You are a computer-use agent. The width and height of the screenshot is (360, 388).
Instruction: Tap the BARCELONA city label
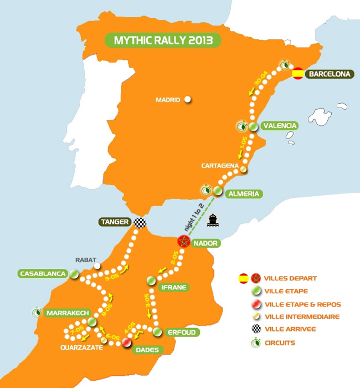point(330,73)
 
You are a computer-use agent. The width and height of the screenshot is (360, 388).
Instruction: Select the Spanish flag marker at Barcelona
point(297,73)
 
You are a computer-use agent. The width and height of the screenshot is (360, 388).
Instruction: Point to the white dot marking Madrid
point(188,100)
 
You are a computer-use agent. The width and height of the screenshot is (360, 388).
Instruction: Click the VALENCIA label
point(279,126)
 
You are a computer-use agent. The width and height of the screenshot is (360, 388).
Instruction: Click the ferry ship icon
point(213,220)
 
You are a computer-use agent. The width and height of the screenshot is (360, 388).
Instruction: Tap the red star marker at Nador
point(183,242)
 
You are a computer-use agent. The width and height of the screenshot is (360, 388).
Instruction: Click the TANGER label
point(115,222)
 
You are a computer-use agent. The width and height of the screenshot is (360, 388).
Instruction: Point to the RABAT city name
point(86,259)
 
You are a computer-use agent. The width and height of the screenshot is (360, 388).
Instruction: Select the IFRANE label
point(173,287)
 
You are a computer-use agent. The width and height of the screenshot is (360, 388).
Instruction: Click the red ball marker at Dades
point(127,343)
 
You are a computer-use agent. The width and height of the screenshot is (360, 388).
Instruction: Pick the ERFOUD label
point(181,332)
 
